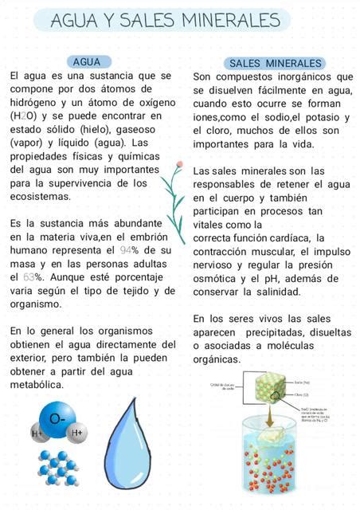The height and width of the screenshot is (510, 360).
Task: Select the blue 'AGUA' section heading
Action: (x=86, y=61)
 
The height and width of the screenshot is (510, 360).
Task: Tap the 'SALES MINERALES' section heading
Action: (x=275, y=63)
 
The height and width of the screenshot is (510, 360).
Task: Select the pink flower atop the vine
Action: (x=181, y=165)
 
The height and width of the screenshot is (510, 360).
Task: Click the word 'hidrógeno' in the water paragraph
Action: (x=35, y=102)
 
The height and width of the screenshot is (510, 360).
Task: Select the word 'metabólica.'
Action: (x=37, y=385)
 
